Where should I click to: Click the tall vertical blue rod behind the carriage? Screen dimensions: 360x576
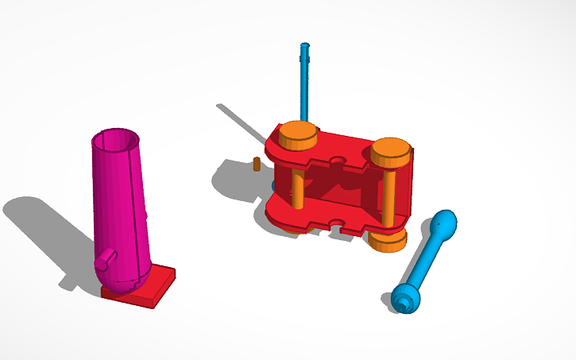click(x=303, y=87)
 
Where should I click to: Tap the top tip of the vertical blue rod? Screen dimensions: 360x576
click(x=303, y=47)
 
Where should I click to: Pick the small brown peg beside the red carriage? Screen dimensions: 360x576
click(x=256, y=165)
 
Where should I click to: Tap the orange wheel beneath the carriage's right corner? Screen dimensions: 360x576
click(x=389, y=240)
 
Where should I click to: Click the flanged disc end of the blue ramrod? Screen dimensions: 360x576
click(x=404, y=299)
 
